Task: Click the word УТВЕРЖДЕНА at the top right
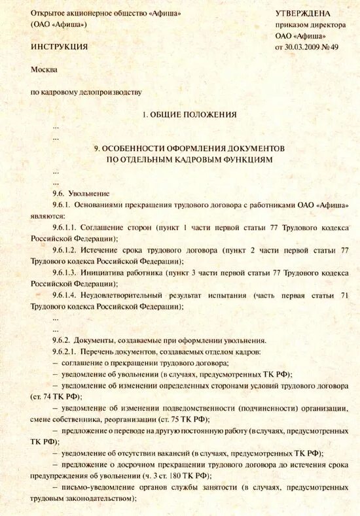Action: [x=303, y=13]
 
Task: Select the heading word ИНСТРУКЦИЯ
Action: [x=59, y=47]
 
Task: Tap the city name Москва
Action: [x=44, y=69]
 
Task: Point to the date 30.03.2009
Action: [x=304, y=47]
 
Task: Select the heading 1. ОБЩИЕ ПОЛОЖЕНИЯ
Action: [x=189, y=114]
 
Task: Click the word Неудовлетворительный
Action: [x=135, y=296]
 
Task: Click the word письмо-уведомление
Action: [x=95, y=487]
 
